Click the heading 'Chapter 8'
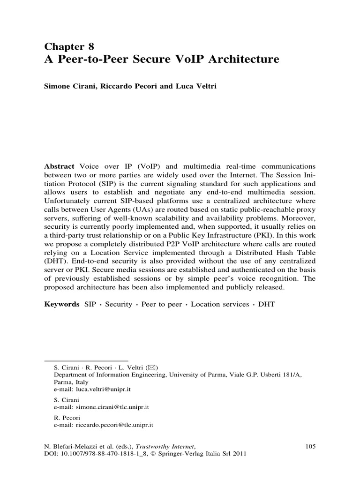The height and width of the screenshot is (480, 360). point(69,46)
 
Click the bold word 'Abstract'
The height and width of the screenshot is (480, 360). point(60,167)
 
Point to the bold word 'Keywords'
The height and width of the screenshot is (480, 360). point(62,304)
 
